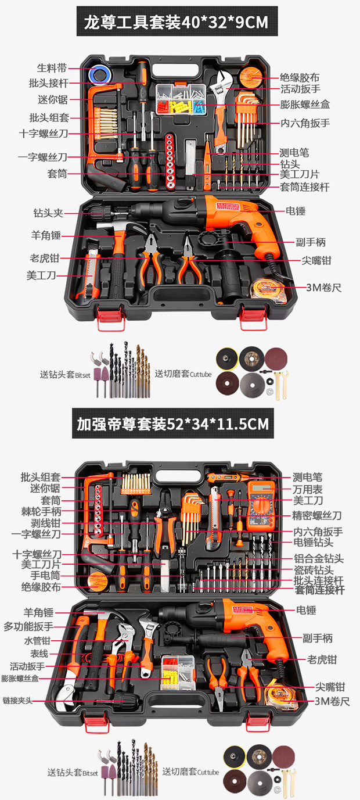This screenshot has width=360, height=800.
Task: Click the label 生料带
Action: coord(52,68)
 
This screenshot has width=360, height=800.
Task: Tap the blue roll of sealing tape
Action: coord(100,74)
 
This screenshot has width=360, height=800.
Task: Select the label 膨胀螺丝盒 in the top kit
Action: coord(305,105)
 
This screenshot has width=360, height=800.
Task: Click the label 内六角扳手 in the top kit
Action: coord(305,123)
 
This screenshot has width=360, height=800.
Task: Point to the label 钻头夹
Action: coord(48,213)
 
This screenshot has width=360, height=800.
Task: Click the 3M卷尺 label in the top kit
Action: coord(323,288)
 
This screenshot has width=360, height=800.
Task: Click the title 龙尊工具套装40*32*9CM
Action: coord(177,22)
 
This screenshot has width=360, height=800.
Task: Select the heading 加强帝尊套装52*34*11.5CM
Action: coord(172,424)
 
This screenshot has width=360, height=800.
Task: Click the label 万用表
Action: coord(308,489)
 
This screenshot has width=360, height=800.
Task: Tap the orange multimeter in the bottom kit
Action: coord(261,505)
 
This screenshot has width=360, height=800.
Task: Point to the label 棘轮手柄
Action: coord(41,511)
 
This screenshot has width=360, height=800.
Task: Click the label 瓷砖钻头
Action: coord(314,570)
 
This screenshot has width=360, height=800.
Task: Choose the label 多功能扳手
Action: coord(28,626)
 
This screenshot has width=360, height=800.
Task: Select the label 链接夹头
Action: coord(17,701)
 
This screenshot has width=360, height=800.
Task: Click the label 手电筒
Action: coord(45,575)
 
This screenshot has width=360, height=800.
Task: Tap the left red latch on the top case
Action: coord(110,317)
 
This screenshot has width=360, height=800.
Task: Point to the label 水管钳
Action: coord(38,641)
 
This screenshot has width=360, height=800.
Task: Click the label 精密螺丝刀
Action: coord(317,515)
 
